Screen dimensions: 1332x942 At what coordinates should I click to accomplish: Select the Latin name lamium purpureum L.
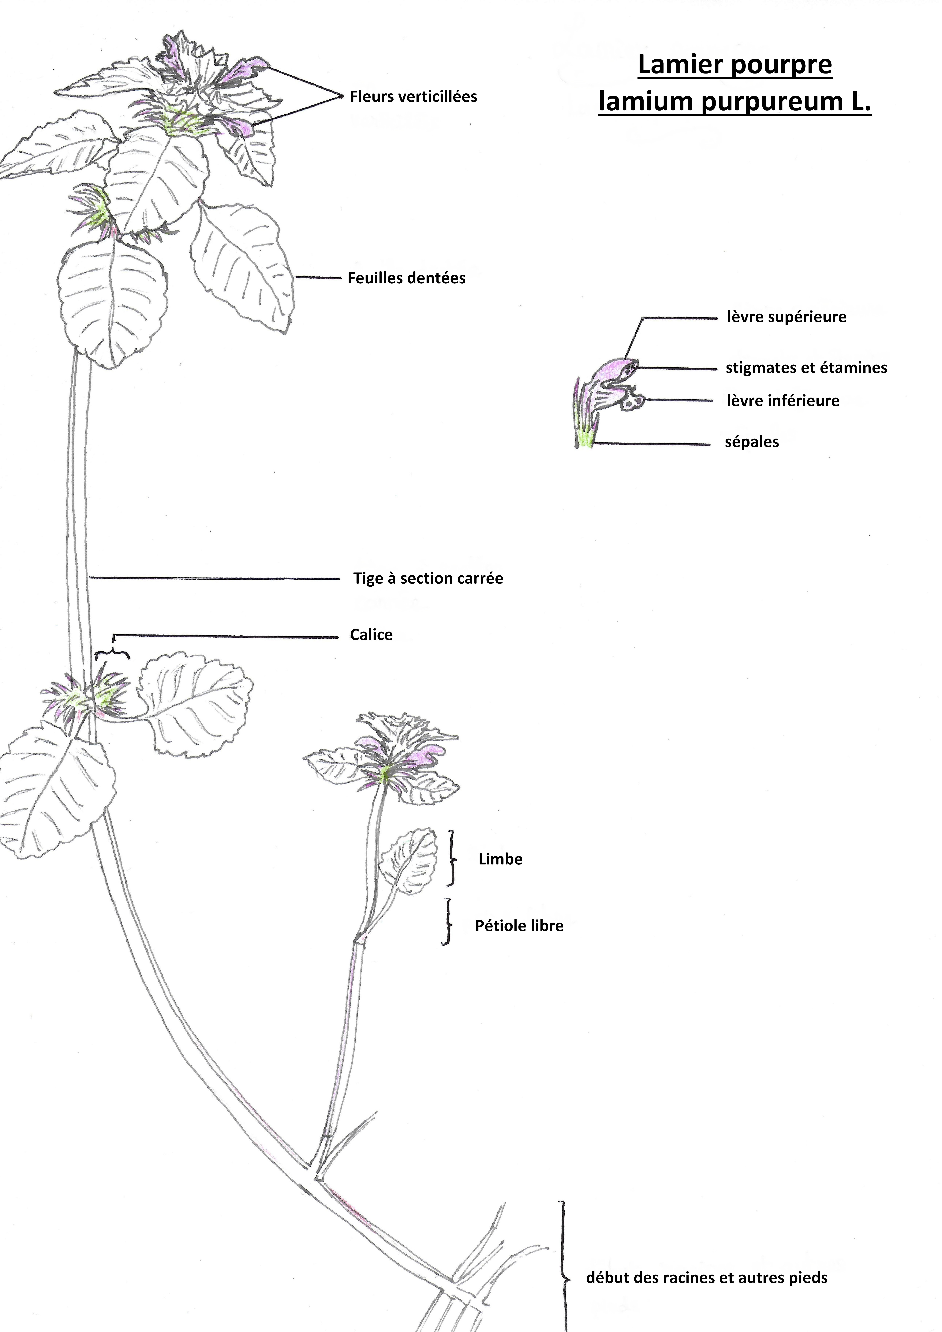734,102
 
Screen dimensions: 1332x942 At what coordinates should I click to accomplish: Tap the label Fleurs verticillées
413,97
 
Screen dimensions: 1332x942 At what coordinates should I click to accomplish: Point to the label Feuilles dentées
406,278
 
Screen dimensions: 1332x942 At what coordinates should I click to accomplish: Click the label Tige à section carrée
428,578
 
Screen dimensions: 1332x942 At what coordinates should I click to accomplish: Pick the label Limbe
500,859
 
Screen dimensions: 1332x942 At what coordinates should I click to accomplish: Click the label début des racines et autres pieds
707,1277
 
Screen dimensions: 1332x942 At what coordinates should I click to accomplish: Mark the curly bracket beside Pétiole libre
447,922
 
